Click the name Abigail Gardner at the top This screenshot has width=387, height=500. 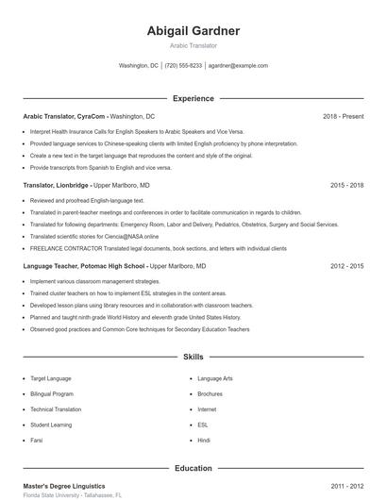tap(193, 31)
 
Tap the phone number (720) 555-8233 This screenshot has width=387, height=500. tap(183, 66)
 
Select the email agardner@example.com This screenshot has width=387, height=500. tap(238, 66)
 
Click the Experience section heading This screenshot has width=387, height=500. tap(193, 98)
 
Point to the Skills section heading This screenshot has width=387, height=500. tap(193, 358)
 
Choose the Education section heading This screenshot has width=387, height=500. tap(193, 468)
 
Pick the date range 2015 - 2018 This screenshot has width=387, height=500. tap(346, 186)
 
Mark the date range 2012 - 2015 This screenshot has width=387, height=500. tap(346, 267)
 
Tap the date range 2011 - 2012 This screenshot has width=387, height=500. tap(346, 485)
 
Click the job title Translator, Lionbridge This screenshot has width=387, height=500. tap(57, 186)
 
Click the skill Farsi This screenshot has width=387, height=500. tap(38, 441)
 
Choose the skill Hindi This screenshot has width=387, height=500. tap(204, 441)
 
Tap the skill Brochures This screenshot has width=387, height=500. tap(210, 393)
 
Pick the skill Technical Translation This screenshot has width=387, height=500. tap(56, 409)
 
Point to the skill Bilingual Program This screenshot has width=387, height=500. tap(51, 393)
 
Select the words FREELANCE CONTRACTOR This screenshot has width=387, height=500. tap(62, 248)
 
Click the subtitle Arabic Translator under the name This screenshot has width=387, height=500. tap(193, 45)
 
